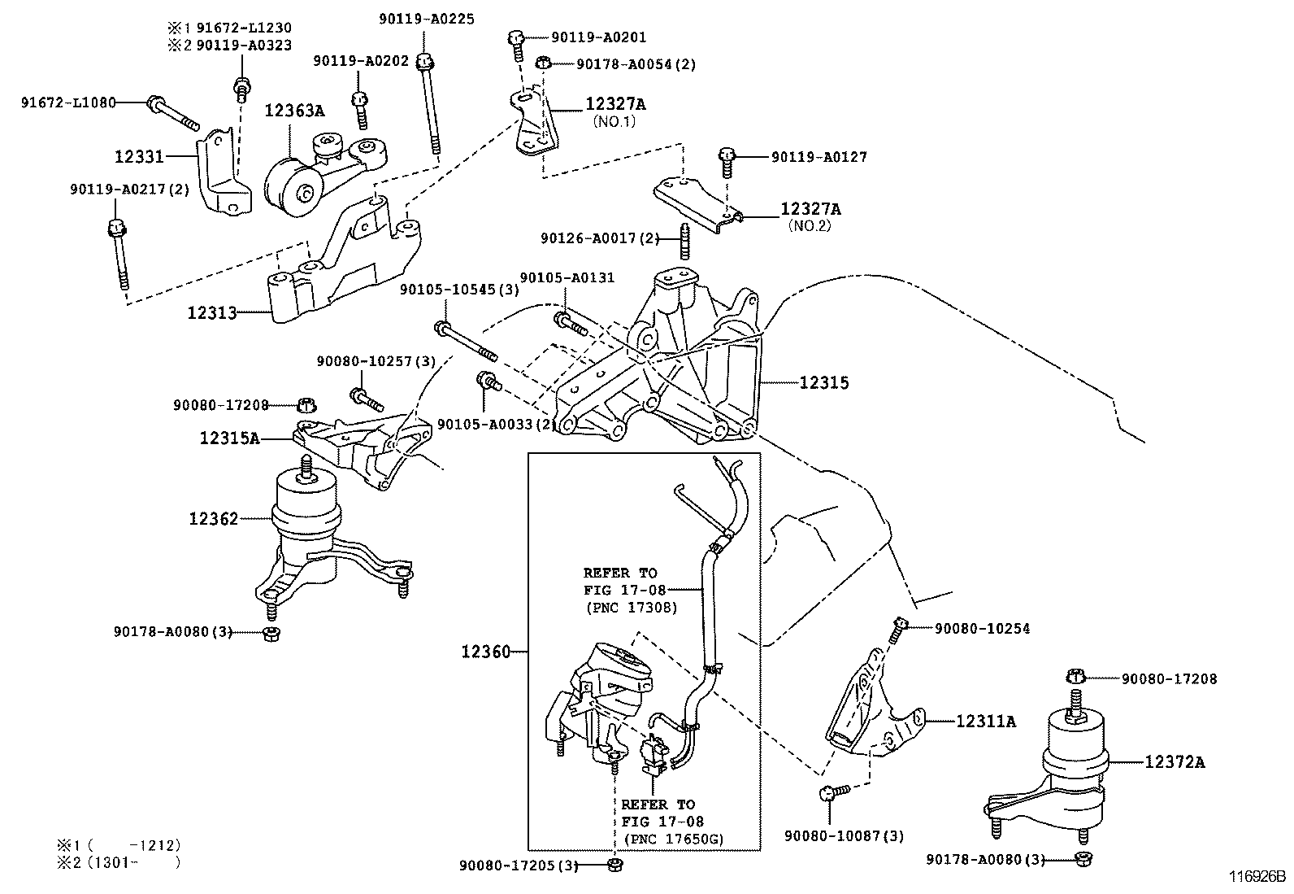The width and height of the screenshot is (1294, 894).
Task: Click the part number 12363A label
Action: coord(293,110)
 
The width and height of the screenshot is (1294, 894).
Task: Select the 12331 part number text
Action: coord(139,156)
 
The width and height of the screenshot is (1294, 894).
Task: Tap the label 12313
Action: coord(211,312)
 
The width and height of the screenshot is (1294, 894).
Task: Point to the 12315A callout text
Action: coord(230,438)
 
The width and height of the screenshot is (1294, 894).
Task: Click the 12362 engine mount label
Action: coord(214,518)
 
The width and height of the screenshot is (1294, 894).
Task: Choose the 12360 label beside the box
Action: coord(485,652)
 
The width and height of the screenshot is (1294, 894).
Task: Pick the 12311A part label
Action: coord(985,721)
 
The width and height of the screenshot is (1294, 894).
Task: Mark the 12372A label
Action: coord(1175,762)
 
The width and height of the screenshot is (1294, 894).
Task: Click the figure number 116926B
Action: coord(1256,878)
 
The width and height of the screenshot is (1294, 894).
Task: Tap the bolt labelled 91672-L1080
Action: coord(172,113)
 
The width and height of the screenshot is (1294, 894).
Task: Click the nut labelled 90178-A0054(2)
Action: coord(545,63)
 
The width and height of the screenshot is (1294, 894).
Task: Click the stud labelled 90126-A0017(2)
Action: coord(684,239)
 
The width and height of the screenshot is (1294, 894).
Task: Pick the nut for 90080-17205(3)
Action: coord(615,865)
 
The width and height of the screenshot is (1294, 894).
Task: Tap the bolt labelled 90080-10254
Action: coord(896,630)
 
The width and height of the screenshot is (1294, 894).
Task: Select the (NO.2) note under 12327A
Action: coord(810,226)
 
